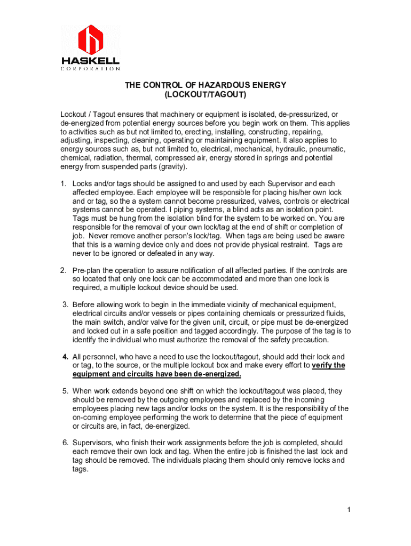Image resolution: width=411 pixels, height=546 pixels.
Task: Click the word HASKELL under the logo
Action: (x=90, y=61)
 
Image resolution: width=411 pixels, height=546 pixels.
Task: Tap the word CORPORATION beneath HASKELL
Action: (x=90, y=69)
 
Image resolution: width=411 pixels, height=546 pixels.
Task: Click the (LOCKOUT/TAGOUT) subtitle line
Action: (x=205, y=94)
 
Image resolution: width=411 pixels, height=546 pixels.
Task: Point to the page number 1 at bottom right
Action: (x=348, y=510)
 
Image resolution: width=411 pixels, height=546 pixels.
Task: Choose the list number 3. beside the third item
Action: (x=64, y=304)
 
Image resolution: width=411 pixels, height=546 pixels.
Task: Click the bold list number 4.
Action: (x=64, y=357)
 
